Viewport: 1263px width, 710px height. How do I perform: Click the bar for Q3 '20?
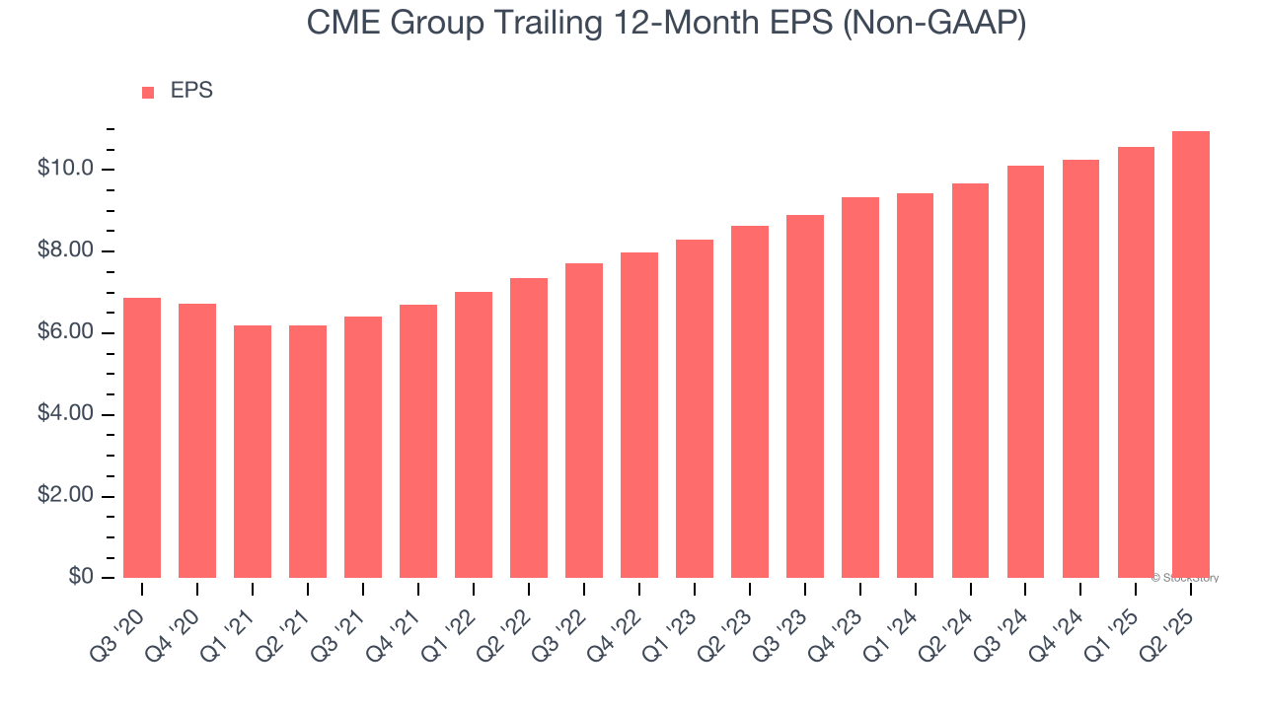point(142,438)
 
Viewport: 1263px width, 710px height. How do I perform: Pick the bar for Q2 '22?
point(529,428)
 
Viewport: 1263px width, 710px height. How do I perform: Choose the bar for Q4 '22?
point(639,415)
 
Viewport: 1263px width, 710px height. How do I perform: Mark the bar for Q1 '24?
point(916,386)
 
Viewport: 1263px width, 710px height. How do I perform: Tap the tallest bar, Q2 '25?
point(1191,355)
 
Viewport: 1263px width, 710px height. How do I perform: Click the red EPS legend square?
point(148,93)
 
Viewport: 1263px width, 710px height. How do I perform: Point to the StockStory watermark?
point(1185,578)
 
